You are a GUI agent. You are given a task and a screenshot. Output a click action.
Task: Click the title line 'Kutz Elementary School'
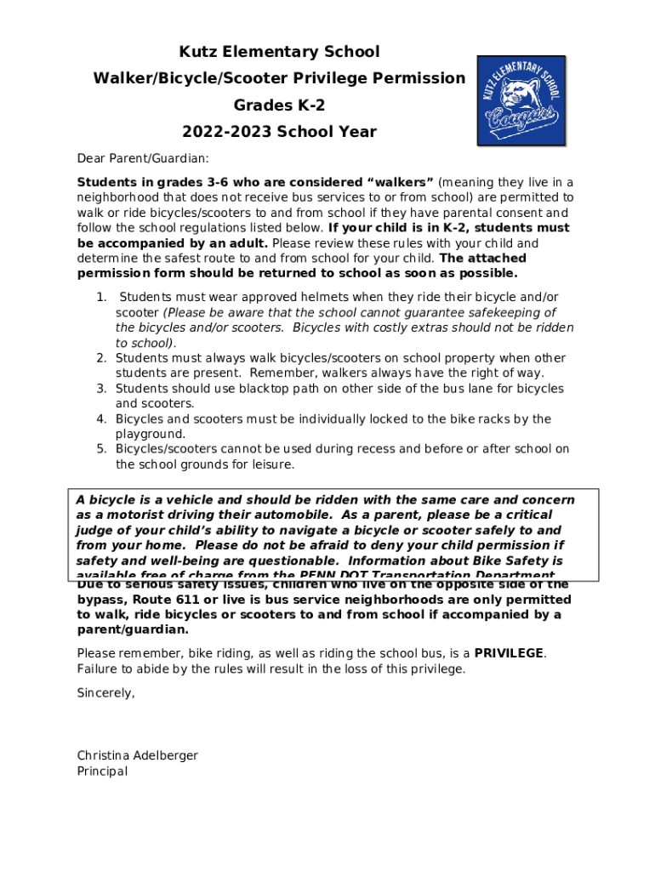click(279, 52)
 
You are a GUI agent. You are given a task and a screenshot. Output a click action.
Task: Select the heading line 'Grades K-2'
click(279, 105)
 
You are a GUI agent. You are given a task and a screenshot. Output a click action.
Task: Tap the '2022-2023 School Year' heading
click(279, 132)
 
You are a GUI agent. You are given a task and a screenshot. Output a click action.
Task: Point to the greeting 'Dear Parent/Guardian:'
click(143, 158)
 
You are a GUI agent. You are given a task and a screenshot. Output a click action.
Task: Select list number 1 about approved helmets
click(100, 297)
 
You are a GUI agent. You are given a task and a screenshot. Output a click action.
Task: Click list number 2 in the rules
click(100, 358)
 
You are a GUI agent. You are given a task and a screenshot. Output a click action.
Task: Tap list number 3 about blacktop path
click(100, 389)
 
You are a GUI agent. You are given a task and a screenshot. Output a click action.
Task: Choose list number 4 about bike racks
click(100, 419)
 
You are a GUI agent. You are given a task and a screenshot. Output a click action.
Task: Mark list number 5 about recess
click(100, 449)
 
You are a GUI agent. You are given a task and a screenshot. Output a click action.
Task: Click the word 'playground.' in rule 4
click(150, 434)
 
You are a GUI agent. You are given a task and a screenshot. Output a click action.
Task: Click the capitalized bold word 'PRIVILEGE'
click(509, 653)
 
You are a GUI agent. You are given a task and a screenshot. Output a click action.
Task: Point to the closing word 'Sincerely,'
click(106, 693)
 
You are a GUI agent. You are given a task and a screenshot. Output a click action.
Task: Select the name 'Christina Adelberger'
click(137, 755)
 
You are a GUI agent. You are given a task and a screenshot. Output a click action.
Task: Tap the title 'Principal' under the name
click(102, 771)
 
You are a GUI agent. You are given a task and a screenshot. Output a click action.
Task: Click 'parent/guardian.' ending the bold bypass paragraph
click(133, 630)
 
